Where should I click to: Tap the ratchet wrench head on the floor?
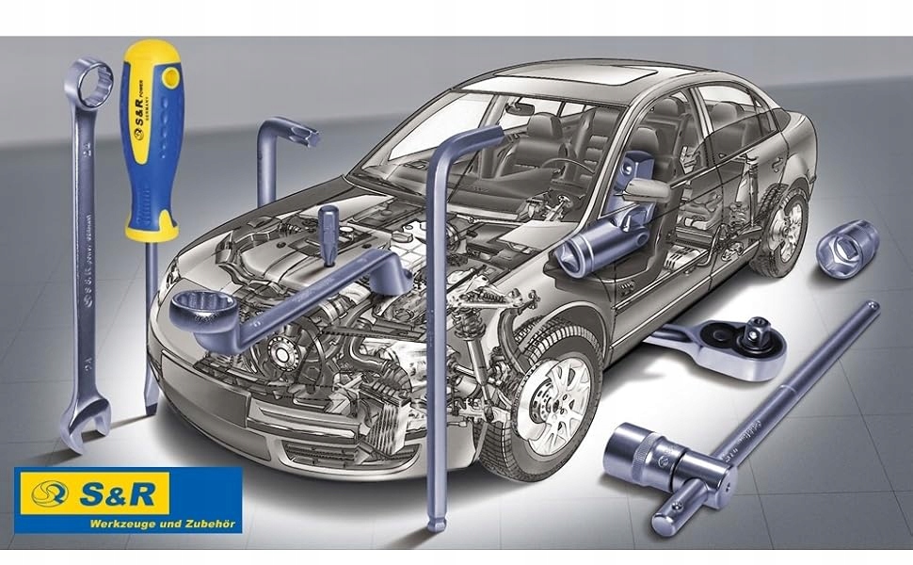(x=744, y=339)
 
